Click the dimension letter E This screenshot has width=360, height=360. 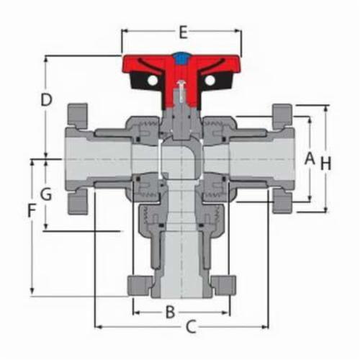182,32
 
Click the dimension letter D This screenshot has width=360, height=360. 45,99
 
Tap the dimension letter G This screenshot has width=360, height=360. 45,194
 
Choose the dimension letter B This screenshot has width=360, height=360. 170,312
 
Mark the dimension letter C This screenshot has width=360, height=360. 191,328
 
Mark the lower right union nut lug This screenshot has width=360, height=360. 282,203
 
